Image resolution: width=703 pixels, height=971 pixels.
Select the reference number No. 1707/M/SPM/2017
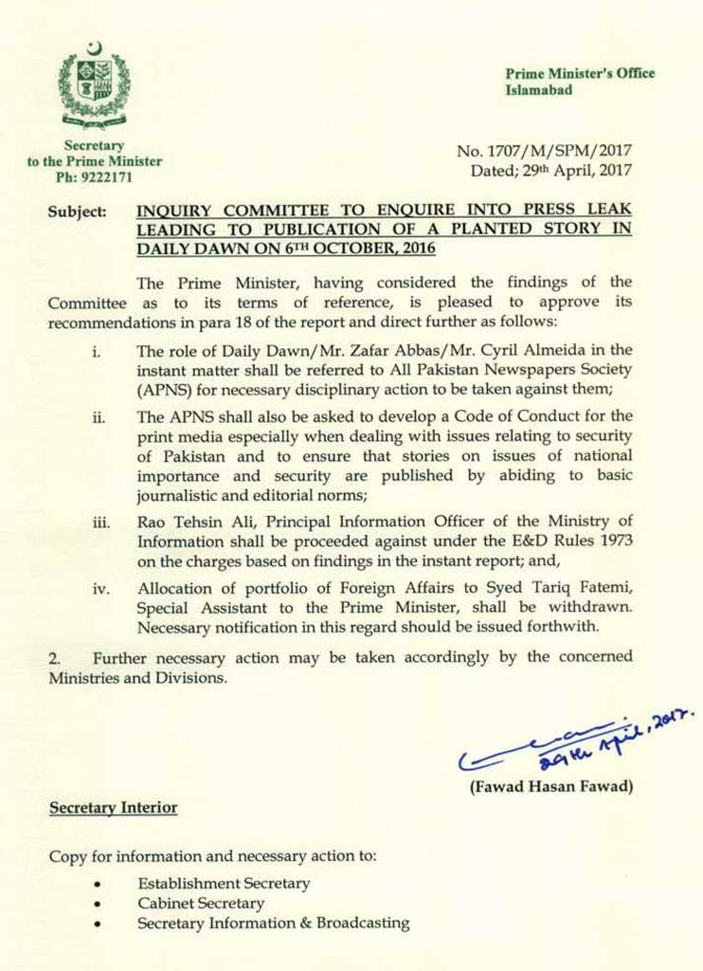[544, 151]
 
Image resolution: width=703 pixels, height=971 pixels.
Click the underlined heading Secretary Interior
[113, 807]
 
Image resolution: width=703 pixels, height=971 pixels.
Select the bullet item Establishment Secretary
[224, 884]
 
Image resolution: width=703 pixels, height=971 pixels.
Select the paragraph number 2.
[53, 655]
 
